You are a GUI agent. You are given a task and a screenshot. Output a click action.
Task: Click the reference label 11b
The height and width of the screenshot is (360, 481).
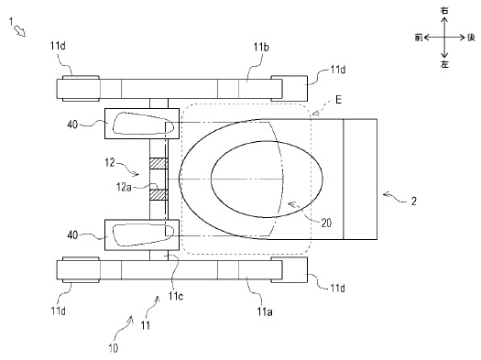click(261, 48)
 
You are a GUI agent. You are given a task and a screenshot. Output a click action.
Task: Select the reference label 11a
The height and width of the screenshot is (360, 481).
click(265, 311)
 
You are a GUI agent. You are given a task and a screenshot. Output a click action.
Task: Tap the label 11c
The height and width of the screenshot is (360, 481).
click(176, 296)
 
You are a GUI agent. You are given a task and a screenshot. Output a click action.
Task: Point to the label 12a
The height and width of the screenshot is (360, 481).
click(124, 187)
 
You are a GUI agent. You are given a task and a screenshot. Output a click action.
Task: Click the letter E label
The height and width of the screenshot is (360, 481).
click(338, 100)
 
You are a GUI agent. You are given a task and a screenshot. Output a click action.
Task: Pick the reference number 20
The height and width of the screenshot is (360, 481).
click(326, 223)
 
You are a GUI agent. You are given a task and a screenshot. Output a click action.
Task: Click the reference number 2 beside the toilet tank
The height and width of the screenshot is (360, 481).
click(414, 202)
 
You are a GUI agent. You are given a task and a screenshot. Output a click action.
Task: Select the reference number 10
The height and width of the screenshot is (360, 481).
click(114, 348)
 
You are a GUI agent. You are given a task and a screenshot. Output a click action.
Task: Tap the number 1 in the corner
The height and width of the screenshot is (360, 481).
click(12, 21)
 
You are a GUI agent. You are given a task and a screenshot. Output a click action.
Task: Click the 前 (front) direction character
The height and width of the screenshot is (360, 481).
click(419, 38)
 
